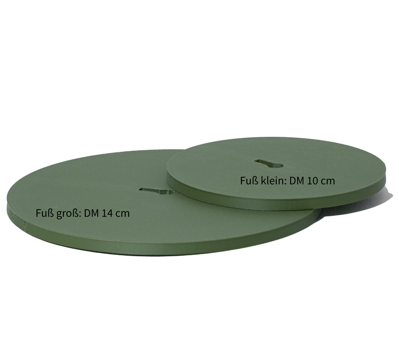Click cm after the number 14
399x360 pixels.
123,214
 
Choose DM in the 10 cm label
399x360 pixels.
297,181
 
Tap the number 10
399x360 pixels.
313,181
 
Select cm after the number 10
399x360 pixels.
328,181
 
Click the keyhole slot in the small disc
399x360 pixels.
269,164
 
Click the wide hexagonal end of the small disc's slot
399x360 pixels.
278,165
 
